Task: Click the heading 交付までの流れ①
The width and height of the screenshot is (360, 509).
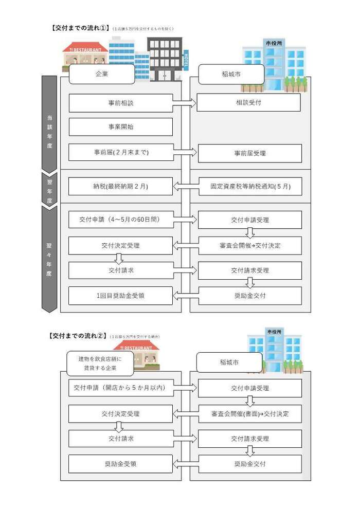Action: (80, 29)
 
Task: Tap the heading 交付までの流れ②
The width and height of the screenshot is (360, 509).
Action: (77, 336)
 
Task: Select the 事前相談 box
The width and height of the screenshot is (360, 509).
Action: (121, 103)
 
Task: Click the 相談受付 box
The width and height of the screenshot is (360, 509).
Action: (248, 102)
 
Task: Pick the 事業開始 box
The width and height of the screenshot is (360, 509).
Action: (121, 126)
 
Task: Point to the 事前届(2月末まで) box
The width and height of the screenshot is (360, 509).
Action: (121, 153)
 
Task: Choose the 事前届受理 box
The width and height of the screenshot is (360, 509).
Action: (249, 153)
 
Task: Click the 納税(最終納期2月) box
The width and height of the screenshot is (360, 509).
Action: (121, 186)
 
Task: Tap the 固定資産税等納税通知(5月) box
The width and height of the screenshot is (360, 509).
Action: (249, 186)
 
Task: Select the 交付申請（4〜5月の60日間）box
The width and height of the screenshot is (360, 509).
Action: (121, 220)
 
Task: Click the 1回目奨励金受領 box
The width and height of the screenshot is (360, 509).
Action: (121, 296)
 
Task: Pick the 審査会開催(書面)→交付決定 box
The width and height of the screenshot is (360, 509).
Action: (249, 413)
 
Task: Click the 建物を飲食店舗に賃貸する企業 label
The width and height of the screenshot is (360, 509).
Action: (100, 363)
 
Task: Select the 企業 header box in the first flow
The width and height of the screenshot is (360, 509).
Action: (102, 74)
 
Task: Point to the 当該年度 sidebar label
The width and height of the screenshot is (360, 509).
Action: (49, 131)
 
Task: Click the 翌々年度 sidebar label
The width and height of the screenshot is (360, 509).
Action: (49, 256)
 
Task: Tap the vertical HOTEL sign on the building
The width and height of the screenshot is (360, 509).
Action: (186, 61)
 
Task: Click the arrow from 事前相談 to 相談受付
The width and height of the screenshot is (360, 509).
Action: (185, 103)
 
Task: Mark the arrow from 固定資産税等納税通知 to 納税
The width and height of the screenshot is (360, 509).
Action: (185, 186)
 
